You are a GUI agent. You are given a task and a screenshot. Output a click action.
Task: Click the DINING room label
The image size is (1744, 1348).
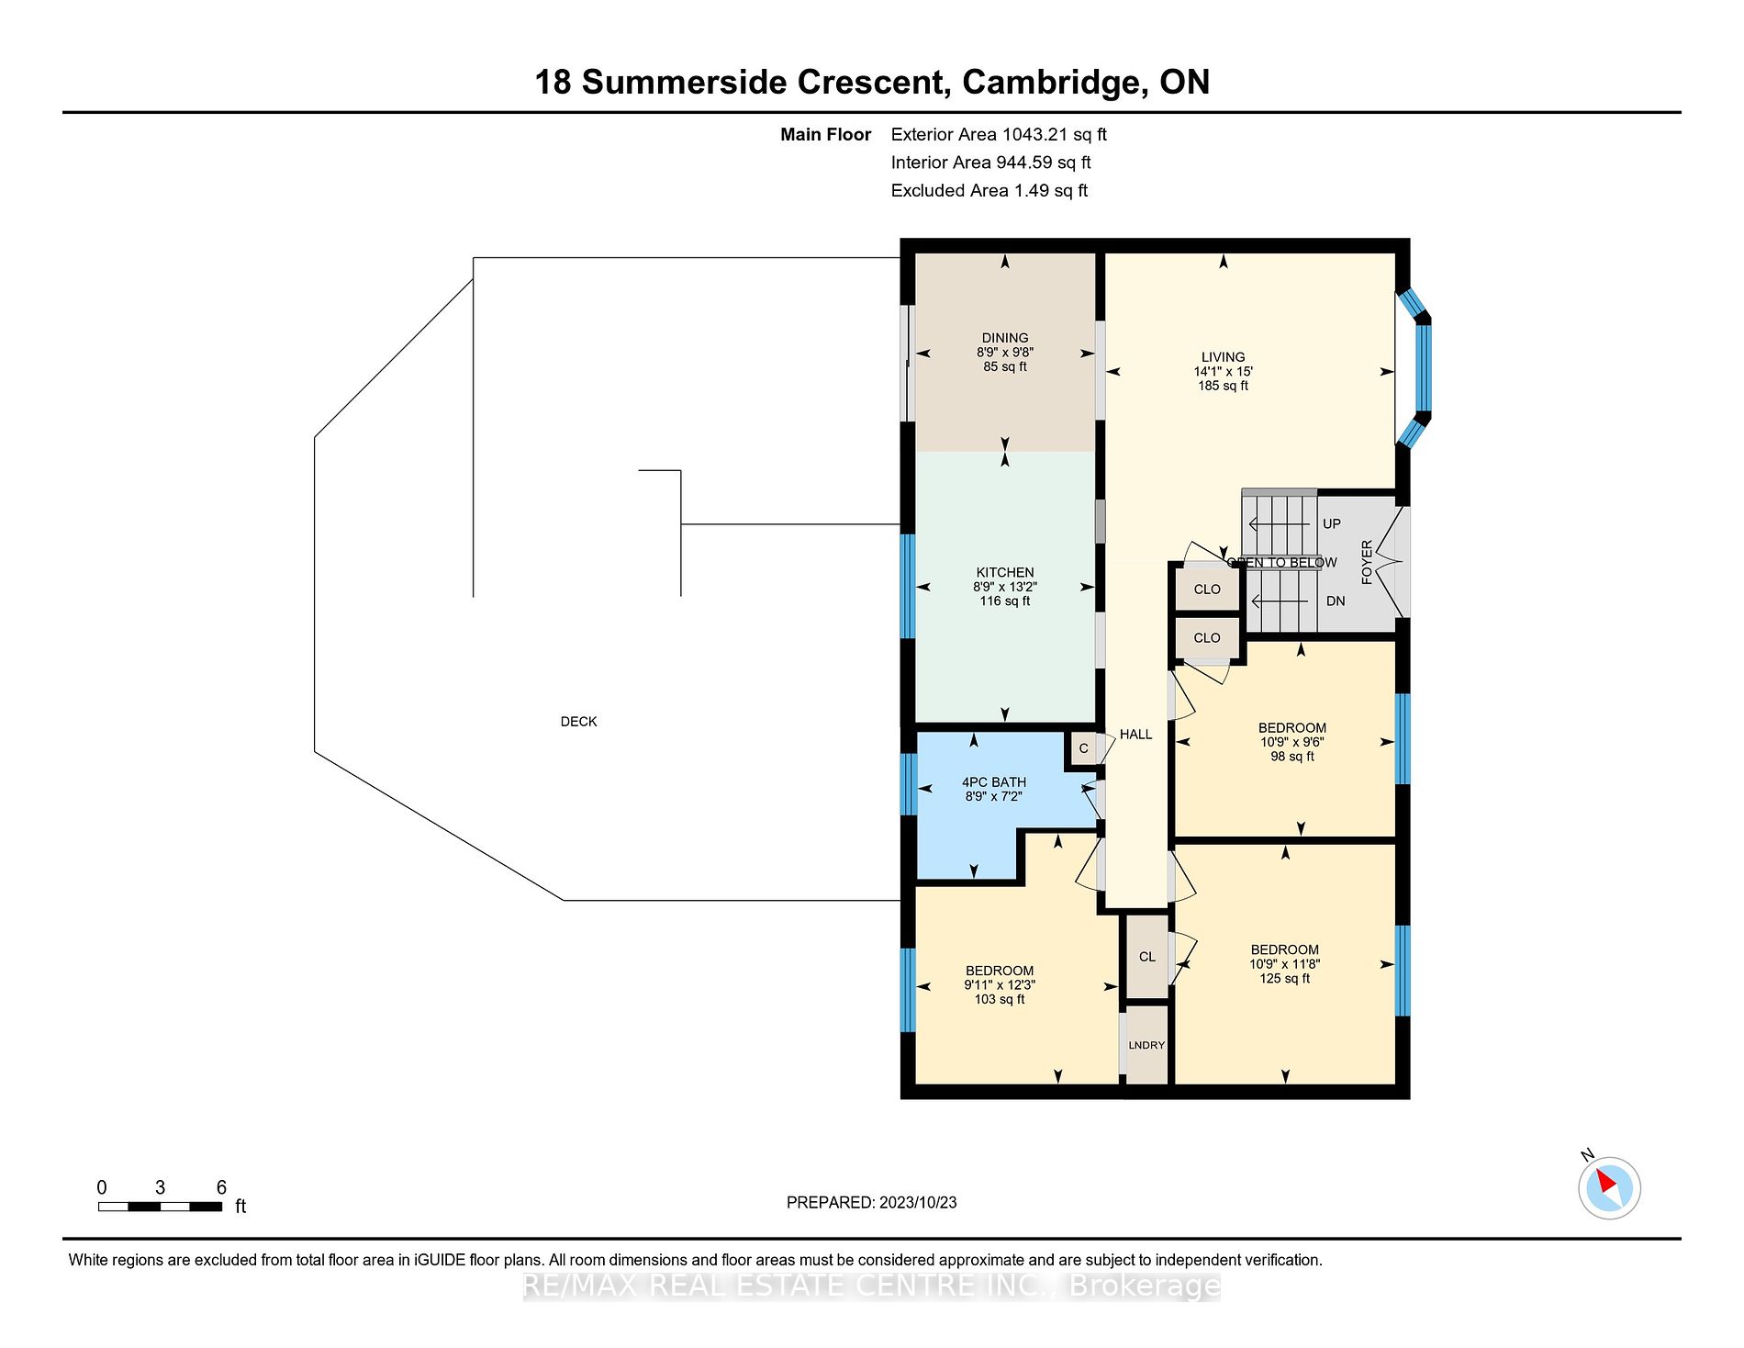[1004, 338]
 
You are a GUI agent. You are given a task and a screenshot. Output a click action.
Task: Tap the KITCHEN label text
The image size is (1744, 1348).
[1004, 572]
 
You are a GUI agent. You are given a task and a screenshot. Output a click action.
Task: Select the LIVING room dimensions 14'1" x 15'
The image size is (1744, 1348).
[1223, 372]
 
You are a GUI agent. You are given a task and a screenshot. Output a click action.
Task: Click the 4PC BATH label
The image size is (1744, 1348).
[993, 782]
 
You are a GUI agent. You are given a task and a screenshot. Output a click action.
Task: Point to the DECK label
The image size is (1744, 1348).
[578, 722]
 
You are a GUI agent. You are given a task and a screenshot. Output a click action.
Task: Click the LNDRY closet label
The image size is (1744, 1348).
[1146, 1045]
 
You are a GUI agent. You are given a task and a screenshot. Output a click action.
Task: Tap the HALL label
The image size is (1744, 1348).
[1135, 735]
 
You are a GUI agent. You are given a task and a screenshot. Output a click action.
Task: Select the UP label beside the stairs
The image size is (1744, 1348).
[1331, 523]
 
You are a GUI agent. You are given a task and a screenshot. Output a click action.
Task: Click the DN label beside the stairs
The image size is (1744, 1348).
[1335, 601]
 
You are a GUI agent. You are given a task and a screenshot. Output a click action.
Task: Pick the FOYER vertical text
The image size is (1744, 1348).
[1367, 562]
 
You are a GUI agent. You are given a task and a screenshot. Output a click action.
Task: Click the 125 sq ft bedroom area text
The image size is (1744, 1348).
[1284, 979]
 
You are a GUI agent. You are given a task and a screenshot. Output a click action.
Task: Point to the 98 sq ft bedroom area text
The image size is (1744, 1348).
[1291, 757]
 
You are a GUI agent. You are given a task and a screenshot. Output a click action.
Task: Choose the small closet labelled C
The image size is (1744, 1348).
[1083, 748]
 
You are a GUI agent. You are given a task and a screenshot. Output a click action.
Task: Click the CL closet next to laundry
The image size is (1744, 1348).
[1146, 957]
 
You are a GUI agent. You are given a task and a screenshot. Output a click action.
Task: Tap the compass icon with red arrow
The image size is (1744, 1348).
[1609, 1188]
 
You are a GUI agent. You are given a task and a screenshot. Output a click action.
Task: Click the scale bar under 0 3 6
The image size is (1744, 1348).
[160, 1207]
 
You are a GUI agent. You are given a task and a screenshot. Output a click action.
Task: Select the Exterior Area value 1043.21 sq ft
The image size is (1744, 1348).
[1054, 135]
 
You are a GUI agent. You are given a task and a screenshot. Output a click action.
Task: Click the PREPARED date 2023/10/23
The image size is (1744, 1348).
[917, 1203]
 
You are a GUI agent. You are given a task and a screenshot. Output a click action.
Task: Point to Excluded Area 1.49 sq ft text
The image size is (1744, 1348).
[989, 191]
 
